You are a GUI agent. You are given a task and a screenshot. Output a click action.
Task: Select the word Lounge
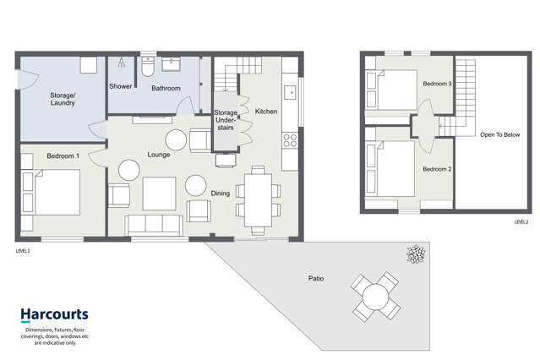159,155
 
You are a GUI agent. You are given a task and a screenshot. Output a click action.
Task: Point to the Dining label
221,194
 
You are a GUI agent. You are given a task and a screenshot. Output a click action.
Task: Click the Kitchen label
266,111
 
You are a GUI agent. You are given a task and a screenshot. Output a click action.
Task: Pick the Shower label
121,87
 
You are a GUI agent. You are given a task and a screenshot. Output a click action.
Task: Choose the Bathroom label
166,87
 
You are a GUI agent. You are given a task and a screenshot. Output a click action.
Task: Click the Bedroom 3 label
437,85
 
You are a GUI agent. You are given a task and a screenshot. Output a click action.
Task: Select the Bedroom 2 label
437,169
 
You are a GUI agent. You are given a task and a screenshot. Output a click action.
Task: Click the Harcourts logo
56,314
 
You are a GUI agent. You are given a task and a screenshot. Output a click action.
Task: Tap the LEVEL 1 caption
23,251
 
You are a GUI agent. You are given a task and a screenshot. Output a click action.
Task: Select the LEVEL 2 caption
521,221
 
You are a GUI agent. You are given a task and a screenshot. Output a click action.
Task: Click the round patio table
375,297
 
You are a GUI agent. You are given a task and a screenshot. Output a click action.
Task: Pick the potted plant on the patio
415,254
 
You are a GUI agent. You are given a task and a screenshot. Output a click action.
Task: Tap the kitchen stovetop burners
290,139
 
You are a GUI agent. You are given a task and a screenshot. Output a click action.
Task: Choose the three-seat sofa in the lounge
154,224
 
